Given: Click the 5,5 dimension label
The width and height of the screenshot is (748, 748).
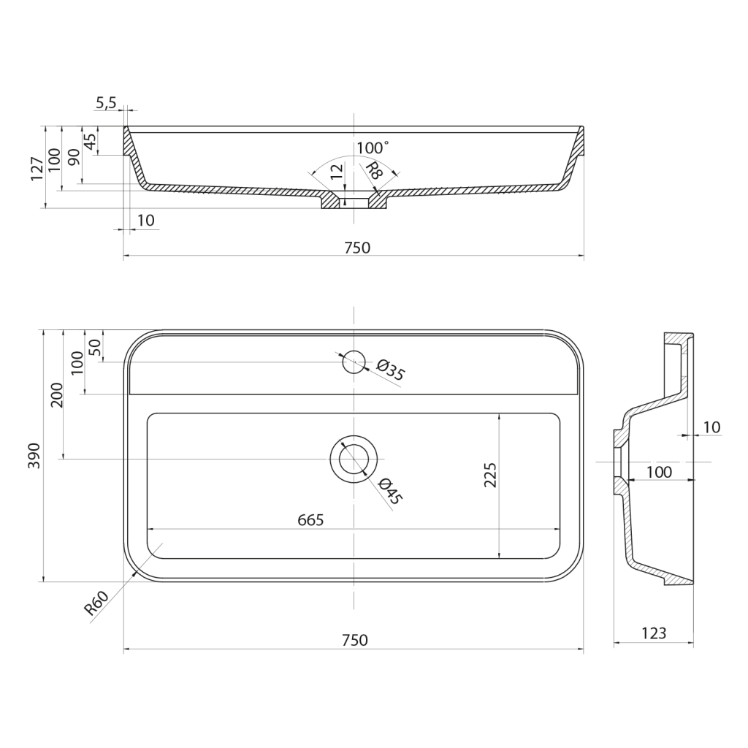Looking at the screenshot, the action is click(x=106, y=102).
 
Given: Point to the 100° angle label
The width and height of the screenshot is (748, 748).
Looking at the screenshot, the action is click(x=373, y=148).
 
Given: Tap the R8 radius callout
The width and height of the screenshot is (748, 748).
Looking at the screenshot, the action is click(x=374, y=170).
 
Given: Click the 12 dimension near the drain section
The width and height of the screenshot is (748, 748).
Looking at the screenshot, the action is click(x=336, y=172).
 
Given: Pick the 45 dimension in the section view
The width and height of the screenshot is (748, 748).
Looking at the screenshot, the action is click(x=90, y=141).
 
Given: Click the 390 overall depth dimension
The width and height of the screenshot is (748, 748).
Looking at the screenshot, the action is click(x=34, y=456).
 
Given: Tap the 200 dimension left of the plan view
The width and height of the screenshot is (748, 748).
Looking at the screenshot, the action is click(x=56, y=394).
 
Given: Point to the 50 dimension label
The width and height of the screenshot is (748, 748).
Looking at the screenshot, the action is click(x=94, y=346).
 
